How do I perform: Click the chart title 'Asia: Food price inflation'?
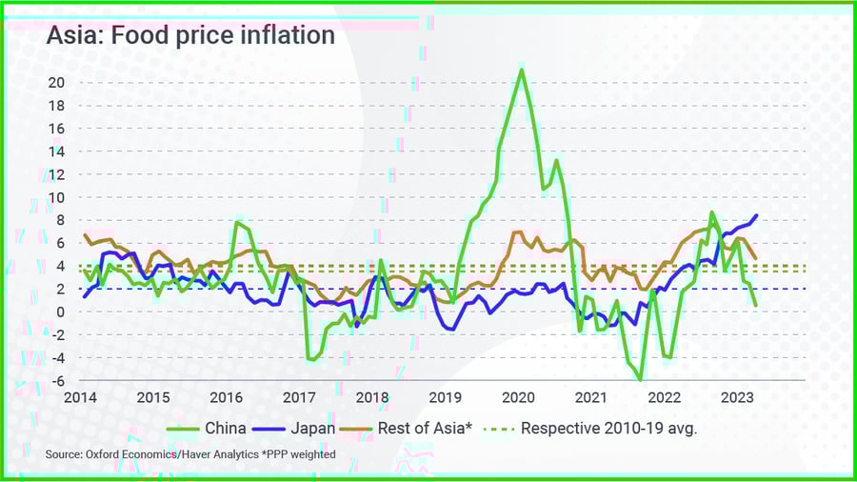click(190, 36)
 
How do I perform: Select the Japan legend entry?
click(300, 428)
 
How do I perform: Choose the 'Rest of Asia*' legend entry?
click(404, 428)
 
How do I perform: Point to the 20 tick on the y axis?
click(56, 82)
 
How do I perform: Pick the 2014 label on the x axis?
click(81, 397)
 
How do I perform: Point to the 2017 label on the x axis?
click(299, 397)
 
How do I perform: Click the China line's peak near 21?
click(521, 69)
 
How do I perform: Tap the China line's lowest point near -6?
click(641, 380)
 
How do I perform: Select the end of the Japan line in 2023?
click(757, 215)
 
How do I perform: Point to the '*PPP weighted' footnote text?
click(307, 455)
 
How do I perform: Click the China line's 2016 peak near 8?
click(237, 222)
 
